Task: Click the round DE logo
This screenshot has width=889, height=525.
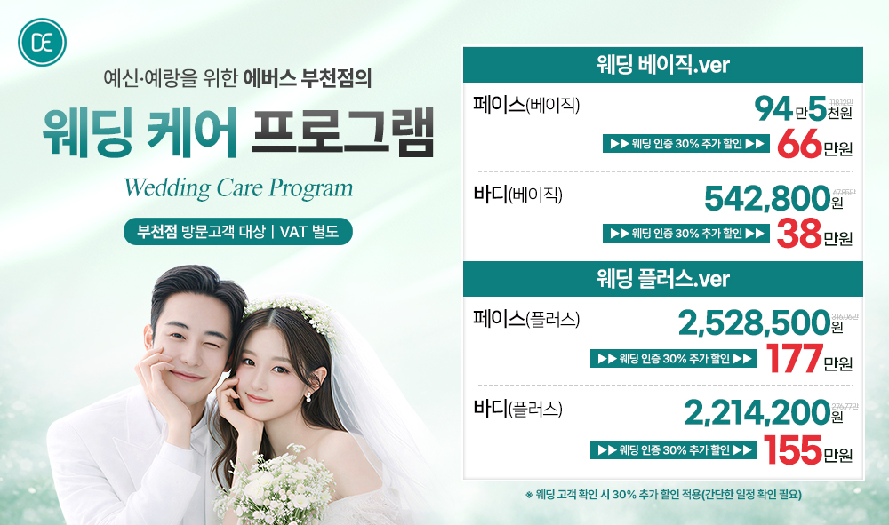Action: pos(43,42)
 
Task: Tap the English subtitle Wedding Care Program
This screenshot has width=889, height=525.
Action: pos(238,188)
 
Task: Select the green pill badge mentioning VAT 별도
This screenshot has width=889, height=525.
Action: pos(238,232)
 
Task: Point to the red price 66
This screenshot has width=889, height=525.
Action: pos(798,145)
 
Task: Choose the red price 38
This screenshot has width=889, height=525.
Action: pos(798,235)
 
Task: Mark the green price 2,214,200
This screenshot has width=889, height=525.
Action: pos(756,414)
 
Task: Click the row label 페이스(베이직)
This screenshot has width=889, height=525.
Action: pos(527,105)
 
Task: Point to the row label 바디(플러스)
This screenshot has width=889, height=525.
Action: pos(520,409)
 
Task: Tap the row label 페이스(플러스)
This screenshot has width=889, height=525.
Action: pos(527,318)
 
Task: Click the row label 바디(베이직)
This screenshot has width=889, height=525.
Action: pos(520,193)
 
